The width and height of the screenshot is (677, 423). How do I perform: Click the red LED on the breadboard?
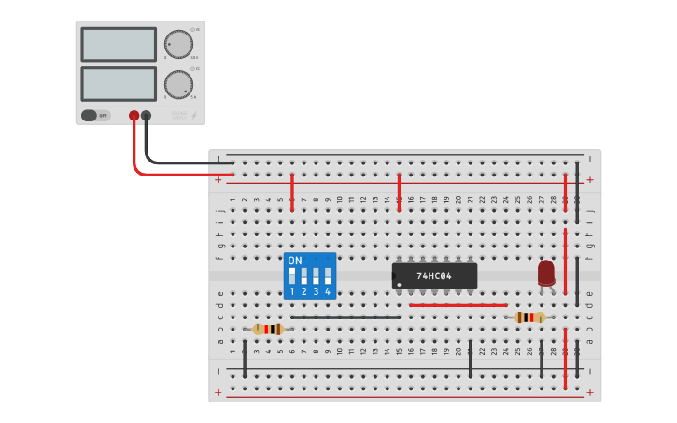pos(546,273)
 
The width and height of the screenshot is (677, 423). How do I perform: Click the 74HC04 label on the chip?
pos(434,276)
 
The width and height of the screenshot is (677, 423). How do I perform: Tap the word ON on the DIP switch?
pos(295,260)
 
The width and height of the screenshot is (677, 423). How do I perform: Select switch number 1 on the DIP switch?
pos(292,276)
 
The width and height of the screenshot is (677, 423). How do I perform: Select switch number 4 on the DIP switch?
pos(328,276)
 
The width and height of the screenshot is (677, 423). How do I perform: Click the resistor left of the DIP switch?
pos(268,329)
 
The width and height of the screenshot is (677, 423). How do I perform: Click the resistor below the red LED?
pos(529,317)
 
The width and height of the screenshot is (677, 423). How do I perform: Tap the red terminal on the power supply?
pos(134,116)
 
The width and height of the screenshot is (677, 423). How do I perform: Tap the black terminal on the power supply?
pos(147,116)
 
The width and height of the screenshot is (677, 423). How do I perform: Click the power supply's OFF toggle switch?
pos(94,116)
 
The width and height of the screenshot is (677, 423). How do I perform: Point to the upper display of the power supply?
pos(119,44)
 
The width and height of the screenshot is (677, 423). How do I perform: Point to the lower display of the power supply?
pos(119,83)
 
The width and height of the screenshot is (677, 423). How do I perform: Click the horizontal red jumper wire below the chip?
pos(458,305)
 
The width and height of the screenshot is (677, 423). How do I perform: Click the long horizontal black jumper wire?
pos(346,317)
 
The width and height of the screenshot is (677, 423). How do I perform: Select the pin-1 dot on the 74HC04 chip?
pos(399,285)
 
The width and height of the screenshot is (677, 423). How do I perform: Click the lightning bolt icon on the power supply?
pos(194,116)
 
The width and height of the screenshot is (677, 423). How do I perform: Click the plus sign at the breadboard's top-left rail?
pos(219,179)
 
